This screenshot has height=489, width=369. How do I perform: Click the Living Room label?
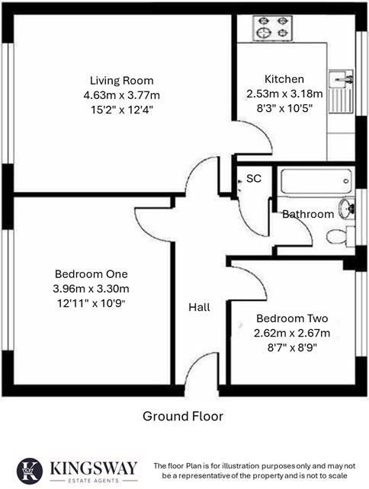click(122, 81)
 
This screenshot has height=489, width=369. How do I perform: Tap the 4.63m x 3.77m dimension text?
click(122, 95)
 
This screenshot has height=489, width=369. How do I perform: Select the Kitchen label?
click(284, 79)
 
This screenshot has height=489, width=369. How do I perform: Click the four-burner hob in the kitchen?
click(273, 28)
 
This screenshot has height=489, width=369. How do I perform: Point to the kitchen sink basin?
click(341, 78)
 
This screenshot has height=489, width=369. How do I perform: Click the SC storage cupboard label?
click(254, 178)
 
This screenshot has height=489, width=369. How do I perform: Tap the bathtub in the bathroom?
click(316, 181)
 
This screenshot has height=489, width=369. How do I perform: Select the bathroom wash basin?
click(347, 208)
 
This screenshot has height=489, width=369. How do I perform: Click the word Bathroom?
click(308, 214)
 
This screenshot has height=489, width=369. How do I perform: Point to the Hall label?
click(199, 308)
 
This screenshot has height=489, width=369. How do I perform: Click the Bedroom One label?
click(91, 274)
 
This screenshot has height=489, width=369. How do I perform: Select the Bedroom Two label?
click(292, 318)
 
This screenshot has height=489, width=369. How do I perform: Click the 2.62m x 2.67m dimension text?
click(292, 333)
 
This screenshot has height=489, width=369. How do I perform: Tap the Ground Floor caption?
click(183, 416)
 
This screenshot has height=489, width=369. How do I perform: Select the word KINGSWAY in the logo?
click(94, 468)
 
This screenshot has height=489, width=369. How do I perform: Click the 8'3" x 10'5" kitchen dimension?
click(284, 108)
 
